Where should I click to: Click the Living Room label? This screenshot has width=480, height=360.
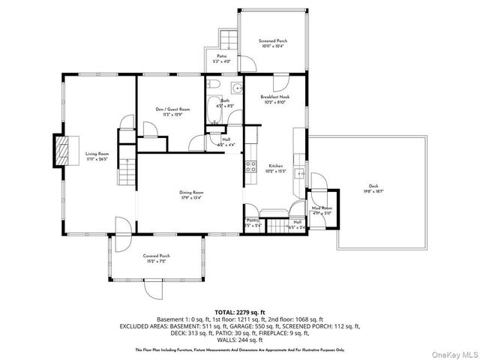(x=96, y=154)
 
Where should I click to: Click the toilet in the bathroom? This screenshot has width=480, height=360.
(x=214, y=85)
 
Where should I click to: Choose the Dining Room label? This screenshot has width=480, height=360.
(x=191, y=193)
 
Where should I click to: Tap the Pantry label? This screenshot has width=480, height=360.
(x=252, y=220)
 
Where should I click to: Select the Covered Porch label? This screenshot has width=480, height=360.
(x=157, y=256)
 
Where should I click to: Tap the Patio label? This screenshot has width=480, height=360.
(x=222, y=56)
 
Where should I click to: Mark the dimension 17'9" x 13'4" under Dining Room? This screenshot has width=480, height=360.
(x=191, y=199)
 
